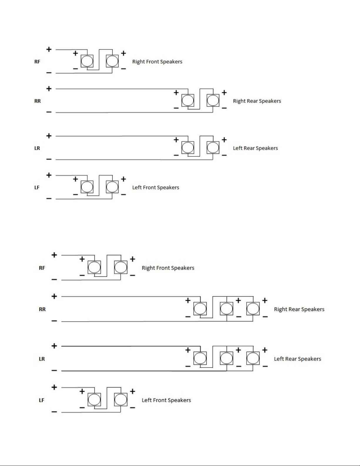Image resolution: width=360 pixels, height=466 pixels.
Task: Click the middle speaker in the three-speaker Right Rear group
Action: coord(226,309)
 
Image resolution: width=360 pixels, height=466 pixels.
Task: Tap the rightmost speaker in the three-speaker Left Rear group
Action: coord(253,358)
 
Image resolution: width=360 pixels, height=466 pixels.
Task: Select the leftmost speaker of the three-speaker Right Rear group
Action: coord(200,309)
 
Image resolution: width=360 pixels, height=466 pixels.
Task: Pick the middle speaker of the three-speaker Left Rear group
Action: coord(226,358)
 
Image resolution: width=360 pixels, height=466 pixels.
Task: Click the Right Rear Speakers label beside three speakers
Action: coord(299,309)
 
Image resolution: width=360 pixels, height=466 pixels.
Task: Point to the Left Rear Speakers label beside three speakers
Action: coord(297,359)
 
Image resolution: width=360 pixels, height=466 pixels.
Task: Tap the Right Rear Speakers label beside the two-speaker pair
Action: coord(257,101)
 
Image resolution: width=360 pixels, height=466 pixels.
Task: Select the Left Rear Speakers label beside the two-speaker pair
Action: coord(255,148)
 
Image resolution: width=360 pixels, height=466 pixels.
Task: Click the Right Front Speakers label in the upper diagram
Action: coord(157,62)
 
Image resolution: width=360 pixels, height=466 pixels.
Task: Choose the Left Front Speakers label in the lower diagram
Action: coord(166,400)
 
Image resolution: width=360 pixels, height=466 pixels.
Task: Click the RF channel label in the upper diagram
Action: coord(37,62)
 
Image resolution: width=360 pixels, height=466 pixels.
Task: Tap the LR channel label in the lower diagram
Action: coord(42,359)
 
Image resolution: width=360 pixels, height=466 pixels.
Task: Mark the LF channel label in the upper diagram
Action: coord(37,188)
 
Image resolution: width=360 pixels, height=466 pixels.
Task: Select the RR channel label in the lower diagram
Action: coord(42,309)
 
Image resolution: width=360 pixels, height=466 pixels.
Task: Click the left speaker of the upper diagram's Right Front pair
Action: coord(87,61)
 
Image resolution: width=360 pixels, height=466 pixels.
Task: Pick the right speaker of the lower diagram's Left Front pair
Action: coord(120,400)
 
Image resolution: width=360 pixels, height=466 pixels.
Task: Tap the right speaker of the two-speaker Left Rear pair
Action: coord(213,148)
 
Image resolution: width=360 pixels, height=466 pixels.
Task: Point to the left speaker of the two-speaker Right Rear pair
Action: coord(187,101)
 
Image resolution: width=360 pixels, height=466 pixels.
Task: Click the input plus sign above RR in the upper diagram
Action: coord(49,88)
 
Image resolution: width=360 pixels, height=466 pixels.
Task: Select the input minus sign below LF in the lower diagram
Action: coord(54,412)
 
